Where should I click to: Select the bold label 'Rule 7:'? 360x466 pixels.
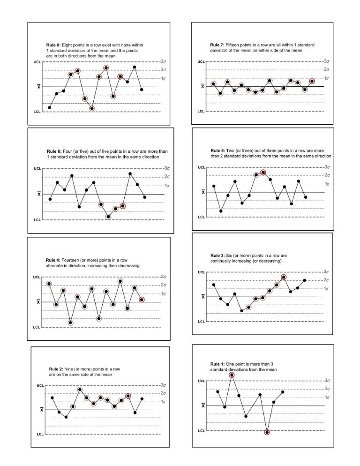217,45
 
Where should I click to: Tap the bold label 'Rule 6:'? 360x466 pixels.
53,151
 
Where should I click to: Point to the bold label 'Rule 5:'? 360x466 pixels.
218,150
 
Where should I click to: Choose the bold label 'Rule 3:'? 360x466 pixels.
218,256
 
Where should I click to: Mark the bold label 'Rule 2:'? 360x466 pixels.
57,369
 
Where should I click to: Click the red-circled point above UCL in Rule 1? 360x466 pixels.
232,375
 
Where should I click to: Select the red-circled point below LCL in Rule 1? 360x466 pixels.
267,432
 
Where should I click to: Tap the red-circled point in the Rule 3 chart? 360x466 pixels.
284,277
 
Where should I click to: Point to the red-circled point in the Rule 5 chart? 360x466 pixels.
263,173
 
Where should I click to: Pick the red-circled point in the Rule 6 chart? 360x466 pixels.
123,206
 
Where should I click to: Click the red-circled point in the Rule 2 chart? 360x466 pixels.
128,396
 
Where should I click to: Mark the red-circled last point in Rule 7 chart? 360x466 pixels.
312,81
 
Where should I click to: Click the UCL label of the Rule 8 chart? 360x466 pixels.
37,61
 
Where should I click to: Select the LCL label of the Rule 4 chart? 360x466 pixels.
37,327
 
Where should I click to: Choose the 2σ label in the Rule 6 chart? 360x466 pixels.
166,177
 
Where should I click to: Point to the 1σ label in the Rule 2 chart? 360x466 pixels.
165,402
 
